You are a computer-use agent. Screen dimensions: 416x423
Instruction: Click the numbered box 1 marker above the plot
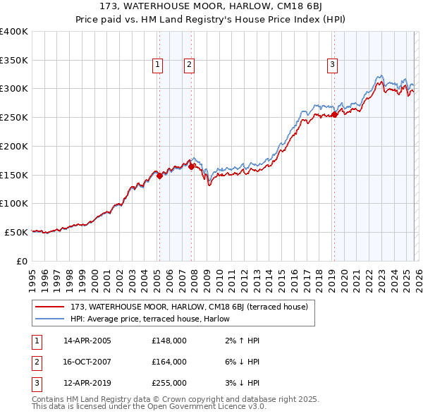click(x=157, y=65)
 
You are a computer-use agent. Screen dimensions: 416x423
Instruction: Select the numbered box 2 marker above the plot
click(x=190, y=65)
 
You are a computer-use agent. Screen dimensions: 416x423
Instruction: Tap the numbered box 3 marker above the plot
click(x=332, y=65)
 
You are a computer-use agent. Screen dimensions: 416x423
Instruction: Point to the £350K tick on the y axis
click(x=14, y=60)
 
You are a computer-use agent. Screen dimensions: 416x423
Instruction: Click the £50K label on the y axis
click(x=16, y=232)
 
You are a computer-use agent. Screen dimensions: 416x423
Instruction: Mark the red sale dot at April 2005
click(x=159, y=176)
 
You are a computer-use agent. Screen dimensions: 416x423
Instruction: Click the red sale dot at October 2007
click(x=191, y=166)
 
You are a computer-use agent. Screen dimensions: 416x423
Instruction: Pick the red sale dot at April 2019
click(x=334, y=115)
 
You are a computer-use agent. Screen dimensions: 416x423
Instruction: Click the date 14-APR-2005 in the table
click(x=87, y=341)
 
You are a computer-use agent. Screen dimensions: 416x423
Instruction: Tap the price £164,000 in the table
click(x=169, y=362)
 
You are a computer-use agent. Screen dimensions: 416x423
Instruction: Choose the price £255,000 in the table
click(x=169, y=384)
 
